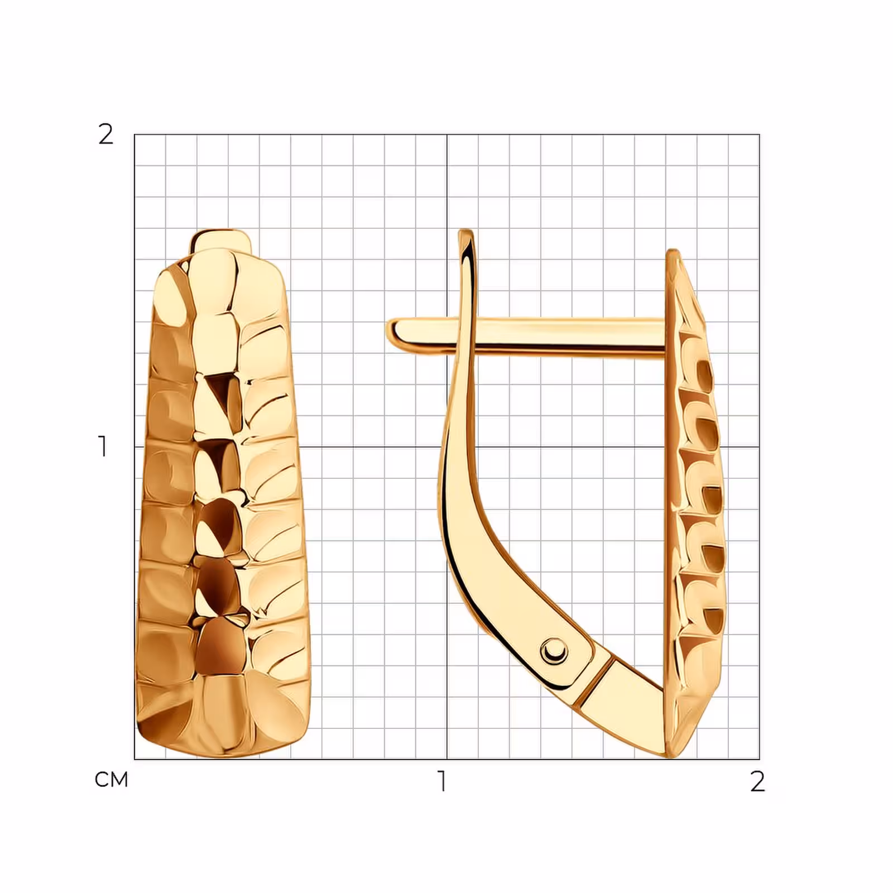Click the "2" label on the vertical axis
click(105, 135)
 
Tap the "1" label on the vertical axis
click(103, 446)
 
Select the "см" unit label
click(112, 780)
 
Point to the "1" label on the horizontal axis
click(443, 781)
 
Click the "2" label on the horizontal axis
click(757, 781)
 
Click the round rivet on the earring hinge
click(554, 650)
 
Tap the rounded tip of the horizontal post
click(391, 332)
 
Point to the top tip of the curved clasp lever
click(465, 232)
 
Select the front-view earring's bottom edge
click(223, 752)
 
